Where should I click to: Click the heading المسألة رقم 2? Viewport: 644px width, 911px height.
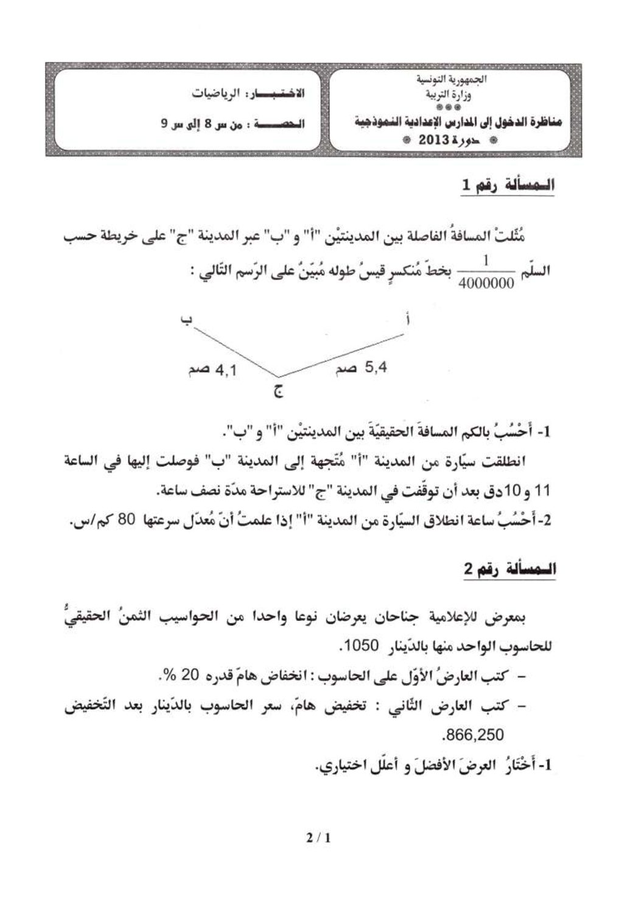coord(509,570)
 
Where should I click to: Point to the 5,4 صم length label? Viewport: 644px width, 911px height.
coord(359,368)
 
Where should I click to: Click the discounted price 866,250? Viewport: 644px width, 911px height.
coord(474,735)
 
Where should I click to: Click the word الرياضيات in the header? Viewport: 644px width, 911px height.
coord(214,95)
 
